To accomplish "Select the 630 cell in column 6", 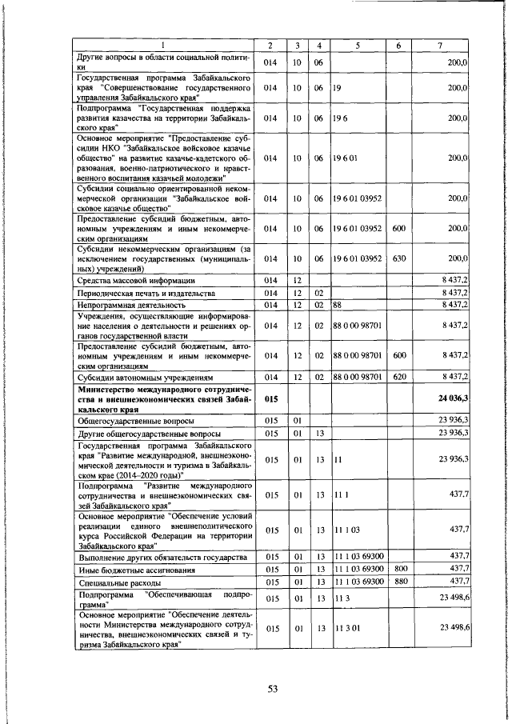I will pyautogui.click(x=399, y=258).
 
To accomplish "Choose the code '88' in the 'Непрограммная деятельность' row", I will pyautogui.click(x=338, y=305).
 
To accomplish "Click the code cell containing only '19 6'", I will pyautogui.click(x=340, y=118).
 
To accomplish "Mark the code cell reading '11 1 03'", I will pyautogui.click(x=346, y=530).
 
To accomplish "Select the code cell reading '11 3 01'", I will pyautogui.click(x=346, y=629).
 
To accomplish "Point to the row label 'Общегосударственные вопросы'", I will pyautogui.click(x=135, y=420).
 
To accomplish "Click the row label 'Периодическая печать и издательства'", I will pyautogui.click(x=146, y=293).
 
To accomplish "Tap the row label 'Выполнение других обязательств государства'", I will pyautogui.click(x=161, y=557).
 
